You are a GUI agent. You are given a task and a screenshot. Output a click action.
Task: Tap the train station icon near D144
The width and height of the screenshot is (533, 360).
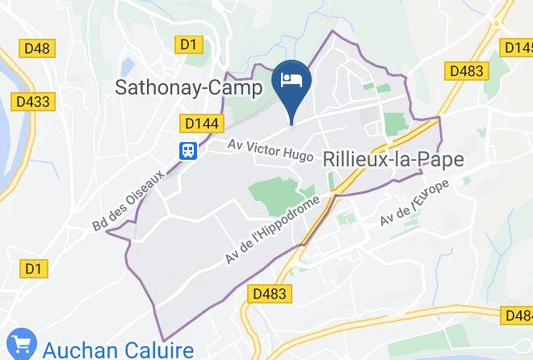(189, 149)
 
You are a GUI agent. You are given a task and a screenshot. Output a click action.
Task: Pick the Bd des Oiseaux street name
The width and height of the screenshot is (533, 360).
(128, 199)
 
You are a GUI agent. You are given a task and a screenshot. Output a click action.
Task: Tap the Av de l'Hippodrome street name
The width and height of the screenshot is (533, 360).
(275, 230)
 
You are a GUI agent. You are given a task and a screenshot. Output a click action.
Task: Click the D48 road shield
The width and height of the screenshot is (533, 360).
(36, 48)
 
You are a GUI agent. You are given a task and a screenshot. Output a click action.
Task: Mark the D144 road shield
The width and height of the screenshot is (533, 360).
(199, 123)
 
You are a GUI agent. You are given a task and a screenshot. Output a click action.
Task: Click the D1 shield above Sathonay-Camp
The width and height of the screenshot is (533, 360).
(190, 45)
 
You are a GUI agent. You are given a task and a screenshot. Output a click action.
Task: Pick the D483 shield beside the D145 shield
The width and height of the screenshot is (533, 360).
(466, 71)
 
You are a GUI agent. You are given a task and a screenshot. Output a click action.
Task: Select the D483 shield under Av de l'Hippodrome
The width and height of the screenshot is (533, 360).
(269, 295)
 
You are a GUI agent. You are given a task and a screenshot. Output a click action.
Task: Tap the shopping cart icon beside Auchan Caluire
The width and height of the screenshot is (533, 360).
(23, 345)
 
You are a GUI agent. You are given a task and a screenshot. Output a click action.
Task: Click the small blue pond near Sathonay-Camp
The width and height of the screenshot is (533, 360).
(127, 64)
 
